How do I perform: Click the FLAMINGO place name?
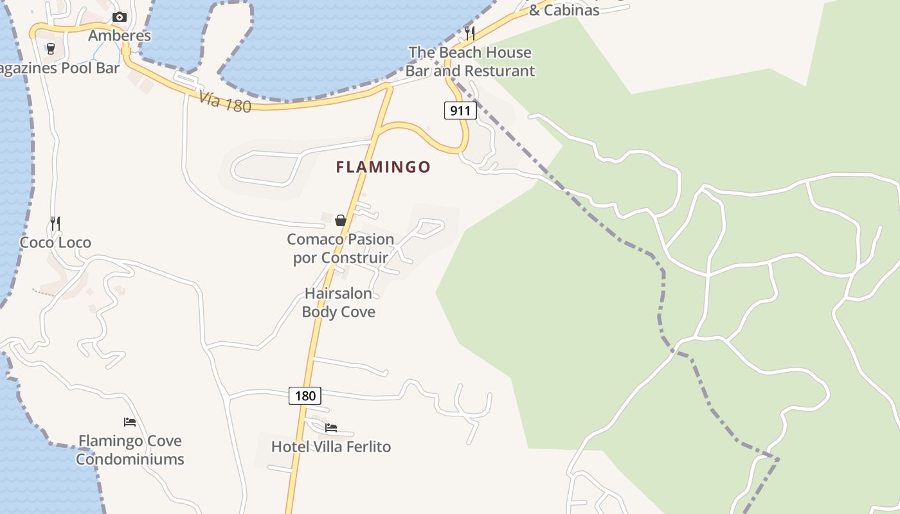[x=383, y=167]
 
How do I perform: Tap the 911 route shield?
[x=460, y=111]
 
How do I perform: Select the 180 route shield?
[x=305, y=395]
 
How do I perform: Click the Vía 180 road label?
[x=224, y=102]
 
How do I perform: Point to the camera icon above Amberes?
[x=119, y=17]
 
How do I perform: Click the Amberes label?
[x=120, y=35]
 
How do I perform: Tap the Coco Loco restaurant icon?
[x=55, y=224]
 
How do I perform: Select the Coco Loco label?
[x=55, y=242]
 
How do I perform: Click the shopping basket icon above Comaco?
[x=341, y=220]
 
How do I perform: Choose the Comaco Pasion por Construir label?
[x=340, y=248]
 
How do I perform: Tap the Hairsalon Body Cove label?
[x=338, y=303]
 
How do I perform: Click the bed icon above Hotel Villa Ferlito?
[x=331, y=427]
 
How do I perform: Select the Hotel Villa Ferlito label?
[x=331, y=447]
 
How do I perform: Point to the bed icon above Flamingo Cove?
[x=130, y=422]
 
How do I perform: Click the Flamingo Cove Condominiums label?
[x=130, y=450]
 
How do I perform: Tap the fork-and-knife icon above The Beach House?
[x=470, y=33]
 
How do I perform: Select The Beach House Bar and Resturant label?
[x=470, y=62]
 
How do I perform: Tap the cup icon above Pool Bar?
[x=51, y=49]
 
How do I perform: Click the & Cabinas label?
[x=564, y=10]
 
